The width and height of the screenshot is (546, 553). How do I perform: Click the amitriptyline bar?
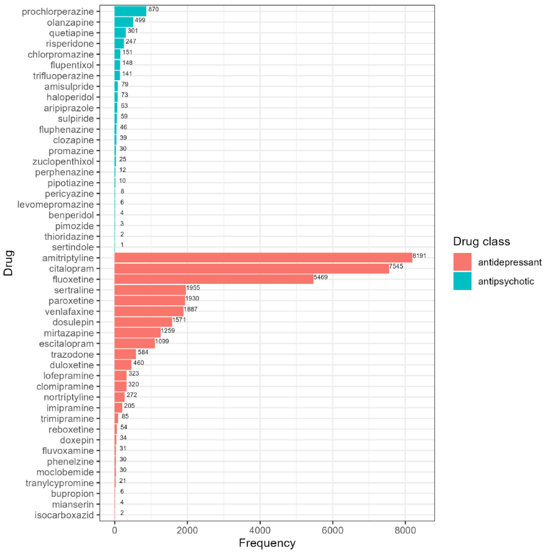tap(263, 258)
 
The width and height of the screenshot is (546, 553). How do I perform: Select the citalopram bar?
tap(252, 269)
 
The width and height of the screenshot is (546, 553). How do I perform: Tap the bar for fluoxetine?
tap(214, 279)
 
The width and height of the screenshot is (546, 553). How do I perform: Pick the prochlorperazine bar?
tap(130, 11)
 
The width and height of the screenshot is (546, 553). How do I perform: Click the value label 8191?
tap(419, 256)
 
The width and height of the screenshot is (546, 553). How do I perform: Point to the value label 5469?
tap(320, 277)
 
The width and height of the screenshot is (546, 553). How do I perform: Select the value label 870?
tap(153, 9)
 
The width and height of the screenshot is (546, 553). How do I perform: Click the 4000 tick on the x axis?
tap(260, 530)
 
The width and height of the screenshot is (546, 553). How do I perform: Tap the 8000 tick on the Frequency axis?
tap(405, 530)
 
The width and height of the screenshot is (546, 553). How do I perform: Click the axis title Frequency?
tap(267, 543)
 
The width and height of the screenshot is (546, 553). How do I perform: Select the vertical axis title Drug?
tap(8, 263)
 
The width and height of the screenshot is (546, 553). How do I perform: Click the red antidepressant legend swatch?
tap(462, 262)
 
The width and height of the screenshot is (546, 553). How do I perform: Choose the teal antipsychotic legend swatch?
tap(462, 281)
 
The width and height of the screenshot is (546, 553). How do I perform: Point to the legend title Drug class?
tap(481, 241)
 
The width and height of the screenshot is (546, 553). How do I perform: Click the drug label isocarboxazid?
tap(64, 515)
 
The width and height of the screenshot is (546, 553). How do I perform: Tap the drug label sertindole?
tap(73, 247)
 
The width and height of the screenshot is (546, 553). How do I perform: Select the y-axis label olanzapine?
tap(70, 22)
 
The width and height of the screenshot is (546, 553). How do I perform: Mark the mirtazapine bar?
tap(138, 333)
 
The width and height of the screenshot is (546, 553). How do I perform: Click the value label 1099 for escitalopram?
tap(162, 341)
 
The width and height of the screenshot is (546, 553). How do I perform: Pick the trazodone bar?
tap(125, 354)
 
